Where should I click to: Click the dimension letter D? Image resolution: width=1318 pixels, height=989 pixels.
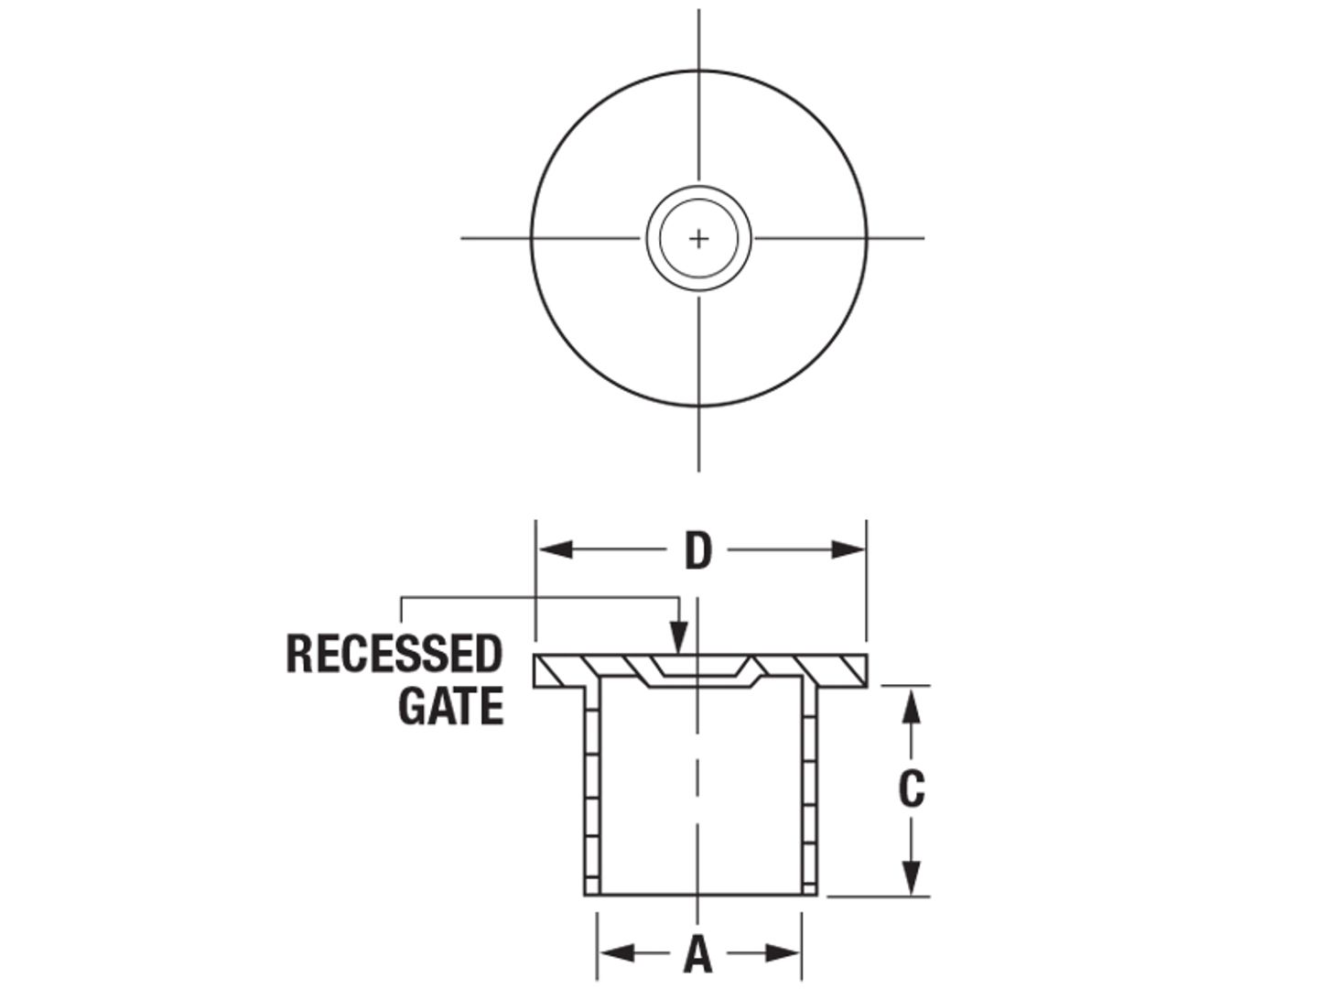click(x=698, y=551)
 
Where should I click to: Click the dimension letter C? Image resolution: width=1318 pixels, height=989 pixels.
click(x=911, y=789)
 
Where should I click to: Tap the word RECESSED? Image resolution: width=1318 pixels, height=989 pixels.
click(x=394, y=654)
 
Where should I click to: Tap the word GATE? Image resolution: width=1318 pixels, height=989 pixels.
click(x=450, y=706)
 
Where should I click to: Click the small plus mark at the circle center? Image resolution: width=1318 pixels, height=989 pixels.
click(x=699, y=239)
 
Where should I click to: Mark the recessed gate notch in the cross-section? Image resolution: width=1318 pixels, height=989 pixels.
click(x=699, y=673)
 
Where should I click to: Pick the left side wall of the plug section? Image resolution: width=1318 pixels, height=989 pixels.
click(x=591, y=788)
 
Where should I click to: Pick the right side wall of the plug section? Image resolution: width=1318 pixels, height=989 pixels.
click(x=808, y=788)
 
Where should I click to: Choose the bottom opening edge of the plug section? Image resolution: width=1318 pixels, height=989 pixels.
click(x=699, y=895)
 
